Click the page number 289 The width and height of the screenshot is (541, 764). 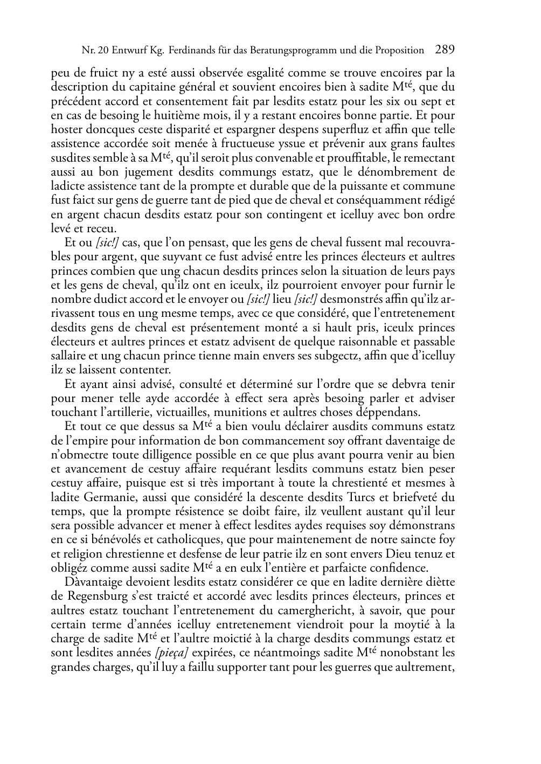pos(445,50)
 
